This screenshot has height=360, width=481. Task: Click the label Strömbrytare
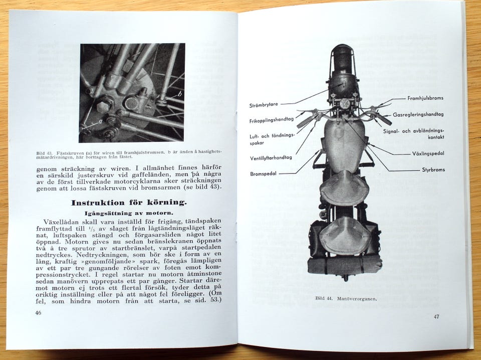point(264,105)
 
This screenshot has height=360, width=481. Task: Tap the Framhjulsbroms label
point(425,98)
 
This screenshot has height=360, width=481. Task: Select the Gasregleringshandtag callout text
point(418,114)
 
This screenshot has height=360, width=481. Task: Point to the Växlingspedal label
point(428,153)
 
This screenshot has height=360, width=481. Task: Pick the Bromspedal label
point(264,173)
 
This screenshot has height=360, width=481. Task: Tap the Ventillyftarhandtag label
point(271,158)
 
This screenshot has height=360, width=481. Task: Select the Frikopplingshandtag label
point(271,121)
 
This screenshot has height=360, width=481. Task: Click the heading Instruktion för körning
point(129,203)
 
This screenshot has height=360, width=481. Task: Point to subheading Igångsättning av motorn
point(129,213)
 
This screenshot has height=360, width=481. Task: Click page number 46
point(38,313)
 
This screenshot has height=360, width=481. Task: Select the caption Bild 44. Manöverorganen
point(346,298)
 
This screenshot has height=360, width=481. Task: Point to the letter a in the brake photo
point(100,122)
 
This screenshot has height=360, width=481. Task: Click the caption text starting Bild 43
point(129,154)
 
